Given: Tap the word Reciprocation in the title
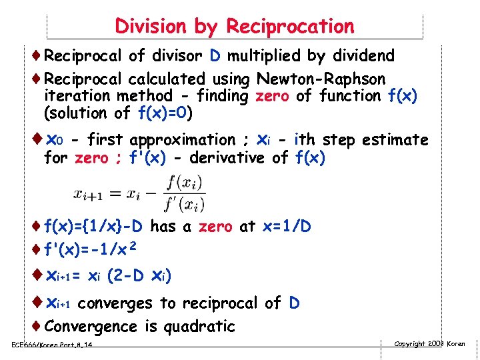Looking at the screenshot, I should pyautogui.click(x=290, y=27).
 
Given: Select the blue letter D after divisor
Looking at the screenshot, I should pyautogui.click(x=217, y=55).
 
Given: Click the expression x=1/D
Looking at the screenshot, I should pyautogui.click(x=286, y=227).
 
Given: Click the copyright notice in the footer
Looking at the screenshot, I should pyautogui.click(x=429, y=344).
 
